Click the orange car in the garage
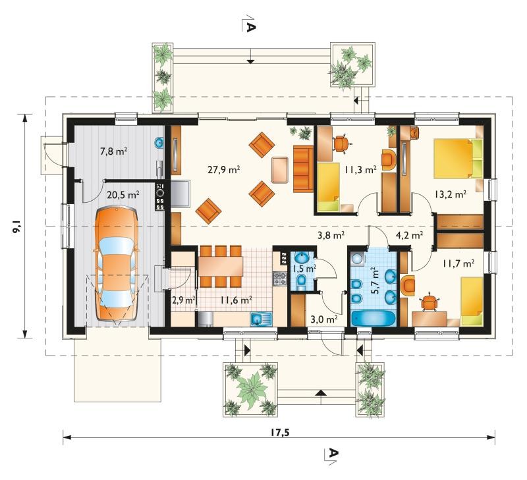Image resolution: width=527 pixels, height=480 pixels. (x=117, y=264)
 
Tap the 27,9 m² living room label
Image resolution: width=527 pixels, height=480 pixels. (x=223, y=170)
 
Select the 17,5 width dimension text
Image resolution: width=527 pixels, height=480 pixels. (x=279, y=433)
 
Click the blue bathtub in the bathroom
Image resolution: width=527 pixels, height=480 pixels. (x=374, y=319)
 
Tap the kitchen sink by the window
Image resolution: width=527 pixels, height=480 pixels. (x=261, y=319)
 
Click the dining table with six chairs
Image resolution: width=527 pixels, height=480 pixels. (x=221, y=267)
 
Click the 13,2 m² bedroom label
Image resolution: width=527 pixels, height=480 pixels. (x=450, y=194)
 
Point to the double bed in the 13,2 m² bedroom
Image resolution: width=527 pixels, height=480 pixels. (x=458, y=159)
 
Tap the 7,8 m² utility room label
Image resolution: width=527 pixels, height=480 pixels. (x=113, y=151)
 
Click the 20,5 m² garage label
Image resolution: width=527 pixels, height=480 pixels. (x=123, y=194)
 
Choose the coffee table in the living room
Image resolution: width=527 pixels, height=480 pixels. (x=281, y=170)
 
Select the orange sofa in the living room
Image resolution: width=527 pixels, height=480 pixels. (x=303, y=169)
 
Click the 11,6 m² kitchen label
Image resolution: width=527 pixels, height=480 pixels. (x=236, y=300)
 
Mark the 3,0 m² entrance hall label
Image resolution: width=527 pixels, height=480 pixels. (x=324, y=319)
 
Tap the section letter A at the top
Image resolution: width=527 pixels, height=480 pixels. (x=250, y=27)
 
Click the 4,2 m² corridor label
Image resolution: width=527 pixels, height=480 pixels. (x=409, y=235)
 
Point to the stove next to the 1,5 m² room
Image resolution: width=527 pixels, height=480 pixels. (x=280, y=278)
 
